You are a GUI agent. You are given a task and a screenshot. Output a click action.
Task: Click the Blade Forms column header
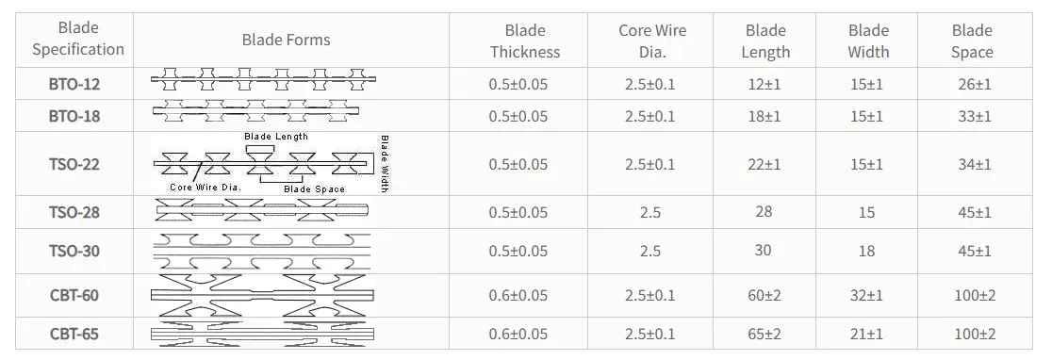click(x=286, y=40)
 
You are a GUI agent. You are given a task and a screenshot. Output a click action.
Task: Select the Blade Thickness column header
click(x=524, y=41)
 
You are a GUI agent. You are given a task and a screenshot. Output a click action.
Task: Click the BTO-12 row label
click(x=74, y=85)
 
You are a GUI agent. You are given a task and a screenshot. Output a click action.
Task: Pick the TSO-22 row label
click(x=74, y=165)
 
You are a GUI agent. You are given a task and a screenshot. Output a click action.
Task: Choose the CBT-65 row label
click(x=74, y=334)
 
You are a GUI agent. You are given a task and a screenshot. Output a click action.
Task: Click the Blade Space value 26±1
click(x=974, y=85)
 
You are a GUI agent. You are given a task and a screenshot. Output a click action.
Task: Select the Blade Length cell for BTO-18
click(x=765, y=117)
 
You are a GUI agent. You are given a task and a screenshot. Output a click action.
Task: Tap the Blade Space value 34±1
click(x=974, y=165)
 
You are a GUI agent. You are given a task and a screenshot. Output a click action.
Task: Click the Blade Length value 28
click(x=764, y=211)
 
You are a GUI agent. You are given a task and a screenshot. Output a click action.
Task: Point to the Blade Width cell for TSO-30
click(x=867, y=251)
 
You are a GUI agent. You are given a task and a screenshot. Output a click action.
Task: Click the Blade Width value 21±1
click(x=867, y=334)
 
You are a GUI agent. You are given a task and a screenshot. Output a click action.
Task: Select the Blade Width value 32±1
click(x=867, y=296)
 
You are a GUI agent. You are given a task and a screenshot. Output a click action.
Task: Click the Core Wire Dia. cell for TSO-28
click(x=649, y=213)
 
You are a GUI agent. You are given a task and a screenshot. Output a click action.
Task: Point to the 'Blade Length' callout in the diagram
click(x=276, y=138)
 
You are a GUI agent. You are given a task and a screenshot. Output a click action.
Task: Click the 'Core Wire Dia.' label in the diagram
click(x=205, y=188)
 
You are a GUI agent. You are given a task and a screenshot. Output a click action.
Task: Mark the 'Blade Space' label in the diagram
click(x=314, y=189)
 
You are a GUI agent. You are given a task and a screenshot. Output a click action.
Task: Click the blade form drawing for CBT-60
click(x=262, y=296)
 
